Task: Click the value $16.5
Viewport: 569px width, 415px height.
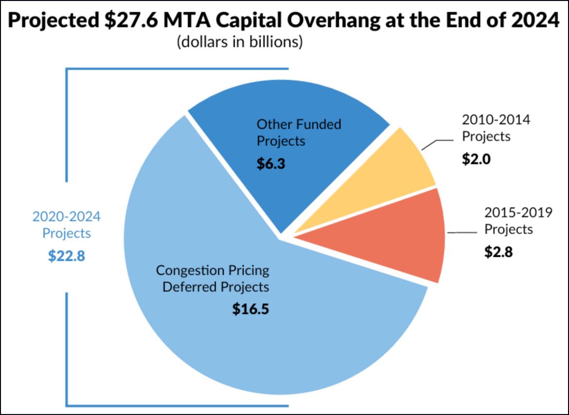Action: point(250,309)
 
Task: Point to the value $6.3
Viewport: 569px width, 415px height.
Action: point(270,163)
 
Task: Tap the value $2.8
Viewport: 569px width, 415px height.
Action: point(498,252)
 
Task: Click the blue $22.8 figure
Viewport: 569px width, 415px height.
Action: point(66,256)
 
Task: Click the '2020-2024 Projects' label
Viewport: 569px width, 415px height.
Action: point(66,225)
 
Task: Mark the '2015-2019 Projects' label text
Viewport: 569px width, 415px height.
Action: point(518,220)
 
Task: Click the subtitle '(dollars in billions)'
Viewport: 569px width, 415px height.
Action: point(240,42)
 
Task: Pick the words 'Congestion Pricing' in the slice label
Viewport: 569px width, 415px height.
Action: point(213,270)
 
